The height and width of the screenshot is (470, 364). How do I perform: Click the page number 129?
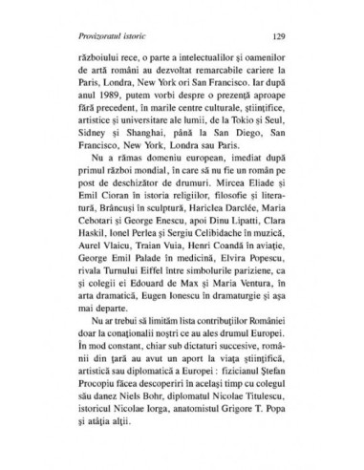[x=278, y=37]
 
